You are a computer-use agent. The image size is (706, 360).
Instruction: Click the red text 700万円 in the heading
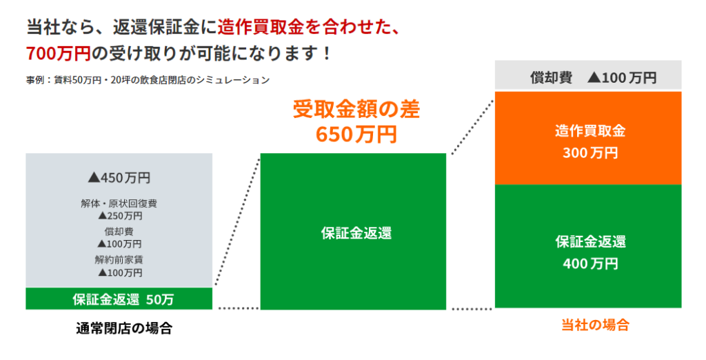pos(59,54)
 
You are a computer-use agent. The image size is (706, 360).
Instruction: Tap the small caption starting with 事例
pos(148,80)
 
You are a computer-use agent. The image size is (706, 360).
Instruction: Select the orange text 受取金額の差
pos(356,110)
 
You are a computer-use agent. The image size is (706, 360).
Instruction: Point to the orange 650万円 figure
pos(356,134)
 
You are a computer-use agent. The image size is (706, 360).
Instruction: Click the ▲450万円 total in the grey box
pos(119,178)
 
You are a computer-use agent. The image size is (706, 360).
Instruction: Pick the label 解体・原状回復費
pos(119,203)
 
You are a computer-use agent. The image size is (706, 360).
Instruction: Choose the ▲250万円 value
pos(120,216)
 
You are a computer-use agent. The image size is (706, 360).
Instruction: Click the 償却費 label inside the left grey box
pos(119,232)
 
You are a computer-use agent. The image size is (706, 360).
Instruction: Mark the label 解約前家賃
pos(119,260)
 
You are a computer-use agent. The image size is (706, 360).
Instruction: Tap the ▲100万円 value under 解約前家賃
pos(120,272)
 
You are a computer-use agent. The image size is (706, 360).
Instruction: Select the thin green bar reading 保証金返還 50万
pos(119,299)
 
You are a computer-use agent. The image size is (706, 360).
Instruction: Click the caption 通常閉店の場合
pos(124,328)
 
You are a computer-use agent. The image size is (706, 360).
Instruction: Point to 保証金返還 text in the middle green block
pos(356,233)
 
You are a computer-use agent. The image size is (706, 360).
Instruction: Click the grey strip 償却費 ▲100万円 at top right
pos(588,76)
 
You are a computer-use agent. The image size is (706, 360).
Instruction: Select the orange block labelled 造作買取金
pos(588,138)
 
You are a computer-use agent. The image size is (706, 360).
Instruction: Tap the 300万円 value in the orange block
pos(590,153)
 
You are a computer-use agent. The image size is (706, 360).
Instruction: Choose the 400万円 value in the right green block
pos(590,263)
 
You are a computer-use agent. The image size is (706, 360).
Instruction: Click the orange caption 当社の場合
pos(595,325)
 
